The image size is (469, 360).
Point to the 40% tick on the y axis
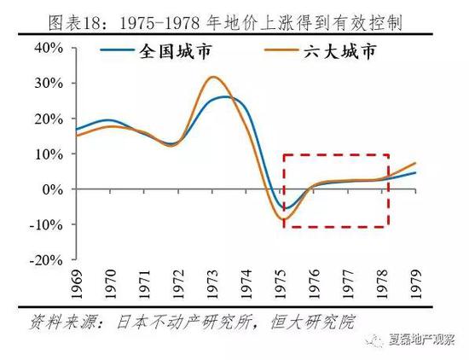click(51, 49)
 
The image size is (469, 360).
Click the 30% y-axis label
click(51, 84)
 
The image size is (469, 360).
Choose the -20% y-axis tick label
click(49, 259)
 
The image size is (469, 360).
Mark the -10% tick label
click(49, 224)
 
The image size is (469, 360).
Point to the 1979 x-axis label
click(415, 283)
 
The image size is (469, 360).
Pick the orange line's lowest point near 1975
click(285, 219)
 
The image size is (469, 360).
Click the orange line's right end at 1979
click(415, 163)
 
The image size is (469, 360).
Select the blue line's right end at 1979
click(415, 173)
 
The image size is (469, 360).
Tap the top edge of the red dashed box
click(336, 155)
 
